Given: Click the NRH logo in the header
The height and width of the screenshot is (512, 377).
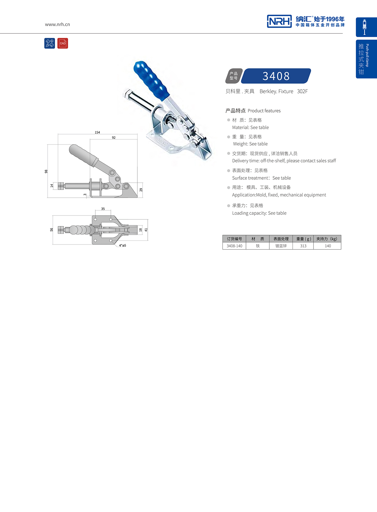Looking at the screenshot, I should click(279, 21).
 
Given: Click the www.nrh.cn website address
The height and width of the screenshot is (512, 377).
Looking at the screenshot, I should click(57, 24).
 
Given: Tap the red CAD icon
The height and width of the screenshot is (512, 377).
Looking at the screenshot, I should click(63, 44).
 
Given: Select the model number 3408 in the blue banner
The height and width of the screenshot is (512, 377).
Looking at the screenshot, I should click(276, 76).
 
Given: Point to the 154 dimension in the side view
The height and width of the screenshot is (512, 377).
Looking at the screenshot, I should click(97, 132).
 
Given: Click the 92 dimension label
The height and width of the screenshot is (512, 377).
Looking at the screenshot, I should click(114, 138).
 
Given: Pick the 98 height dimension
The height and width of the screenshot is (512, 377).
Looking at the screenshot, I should click(46, 172).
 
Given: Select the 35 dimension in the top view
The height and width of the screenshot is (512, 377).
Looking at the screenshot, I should click(103, 209).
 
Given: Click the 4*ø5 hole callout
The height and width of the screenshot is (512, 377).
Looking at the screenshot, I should click(123, 246).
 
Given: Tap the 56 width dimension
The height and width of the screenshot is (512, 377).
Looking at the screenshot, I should click(52, 230).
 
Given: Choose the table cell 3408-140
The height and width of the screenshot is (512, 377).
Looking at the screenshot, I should click(234, 246).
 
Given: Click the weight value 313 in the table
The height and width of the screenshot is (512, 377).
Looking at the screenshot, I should click(303, 246).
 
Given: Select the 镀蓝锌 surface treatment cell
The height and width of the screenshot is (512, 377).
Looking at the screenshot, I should click(281, 246).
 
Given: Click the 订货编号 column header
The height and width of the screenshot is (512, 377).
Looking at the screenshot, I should click(234, 239).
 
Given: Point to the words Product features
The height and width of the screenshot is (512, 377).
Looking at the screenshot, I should click(264, 111).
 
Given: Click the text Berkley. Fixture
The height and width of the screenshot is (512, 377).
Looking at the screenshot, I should click(276, 91).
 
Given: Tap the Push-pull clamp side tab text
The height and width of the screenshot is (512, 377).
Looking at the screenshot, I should click(367, 55).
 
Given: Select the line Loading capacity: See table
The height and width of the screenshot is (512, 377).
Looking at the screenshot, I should click(259, 213).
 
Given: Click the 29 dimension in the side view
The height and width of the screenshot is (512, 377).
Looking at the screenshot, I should click(141, 190).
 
